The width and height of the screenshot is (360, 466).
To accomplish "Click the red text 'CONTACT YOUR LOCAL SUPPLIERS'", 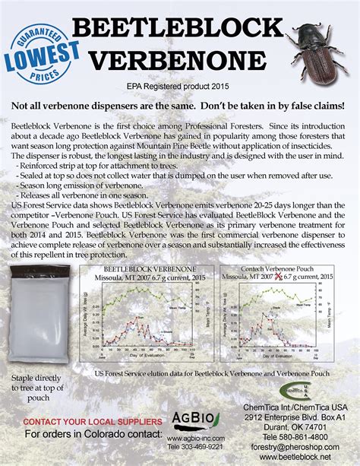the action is coord(92,421).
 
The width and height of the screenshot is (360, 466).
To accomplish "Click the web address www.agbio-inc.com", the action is coord(193,439).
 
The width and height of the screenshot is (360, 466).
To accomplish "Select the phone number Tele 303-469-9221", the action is coord(193,449).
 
